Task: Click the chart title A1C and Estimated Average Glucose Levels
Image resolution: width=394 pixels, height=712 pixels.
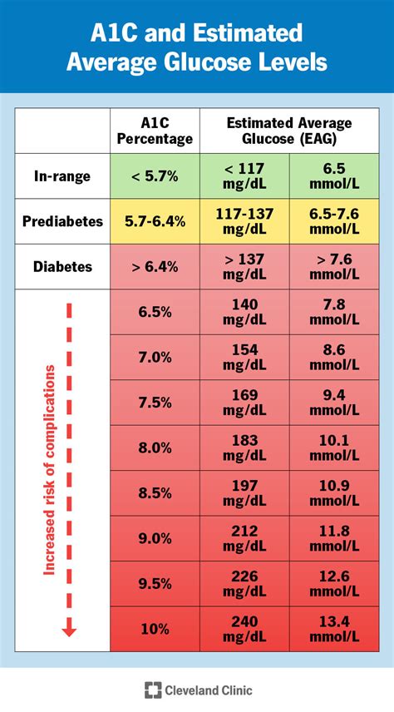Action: tap(197, 47)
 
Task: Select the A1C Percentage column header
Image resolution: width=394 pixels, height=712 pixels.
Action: tap(155, 131)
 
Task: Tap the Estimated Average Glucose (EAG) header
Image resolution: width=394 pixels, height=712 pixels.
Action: tap(288, 131)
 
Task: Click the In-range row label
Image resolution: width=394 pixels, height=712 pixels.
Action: tap(62, 176)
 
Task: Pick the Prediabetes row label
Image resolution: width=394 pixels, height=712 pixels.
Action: tap(62, 222)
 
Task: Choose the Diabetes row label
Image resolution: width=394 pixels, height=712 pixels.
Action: tap(62, 267)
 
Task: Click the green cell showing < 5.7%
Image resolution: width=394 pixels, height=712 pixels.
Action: tap(155, 176)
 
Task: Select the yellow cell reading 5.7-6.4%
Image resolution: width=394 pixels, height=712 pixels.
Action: tap(155, 222)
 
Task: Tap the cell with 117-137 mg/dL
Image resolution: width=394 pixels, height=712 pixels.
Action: tap(244, 222)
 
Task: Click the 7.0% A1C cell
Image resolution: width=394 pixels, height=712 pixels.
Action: tap(155, 356)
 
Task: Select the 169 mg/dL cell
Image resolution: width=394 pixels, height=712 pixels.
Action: tap(244, 402)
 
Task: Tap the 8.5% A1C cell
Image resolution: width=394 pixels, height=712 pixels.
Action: tap(155, 492)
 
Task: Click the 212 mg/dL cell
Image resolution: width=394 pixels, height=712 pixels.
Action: tap(244, 537)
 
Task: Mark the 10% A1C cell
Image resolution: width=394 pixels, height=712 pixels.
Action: tap(155, 628)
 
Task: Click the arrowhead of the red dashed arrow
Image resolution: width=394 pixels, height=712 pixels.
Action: tap(69, 630)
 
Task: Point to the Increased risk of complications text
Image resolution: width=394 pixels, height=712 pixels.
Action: tap(49, 466)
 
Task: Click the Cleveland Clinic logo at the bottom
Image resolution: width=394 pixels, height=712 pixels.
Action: tap(197, 690)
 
